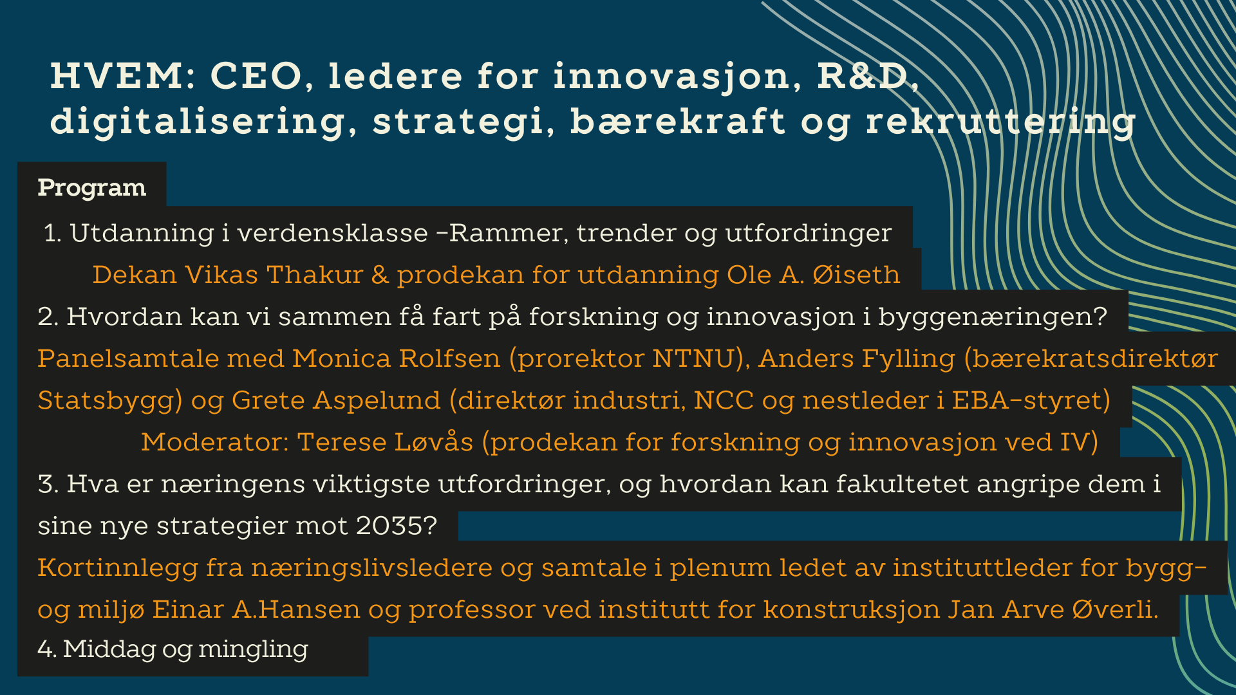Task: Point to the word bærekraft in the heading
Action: [678, 121]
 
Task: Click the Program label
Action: [92, 187]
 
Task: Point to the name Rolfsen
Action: [449, 358]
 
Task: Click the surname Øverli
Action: [1115, 609]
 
